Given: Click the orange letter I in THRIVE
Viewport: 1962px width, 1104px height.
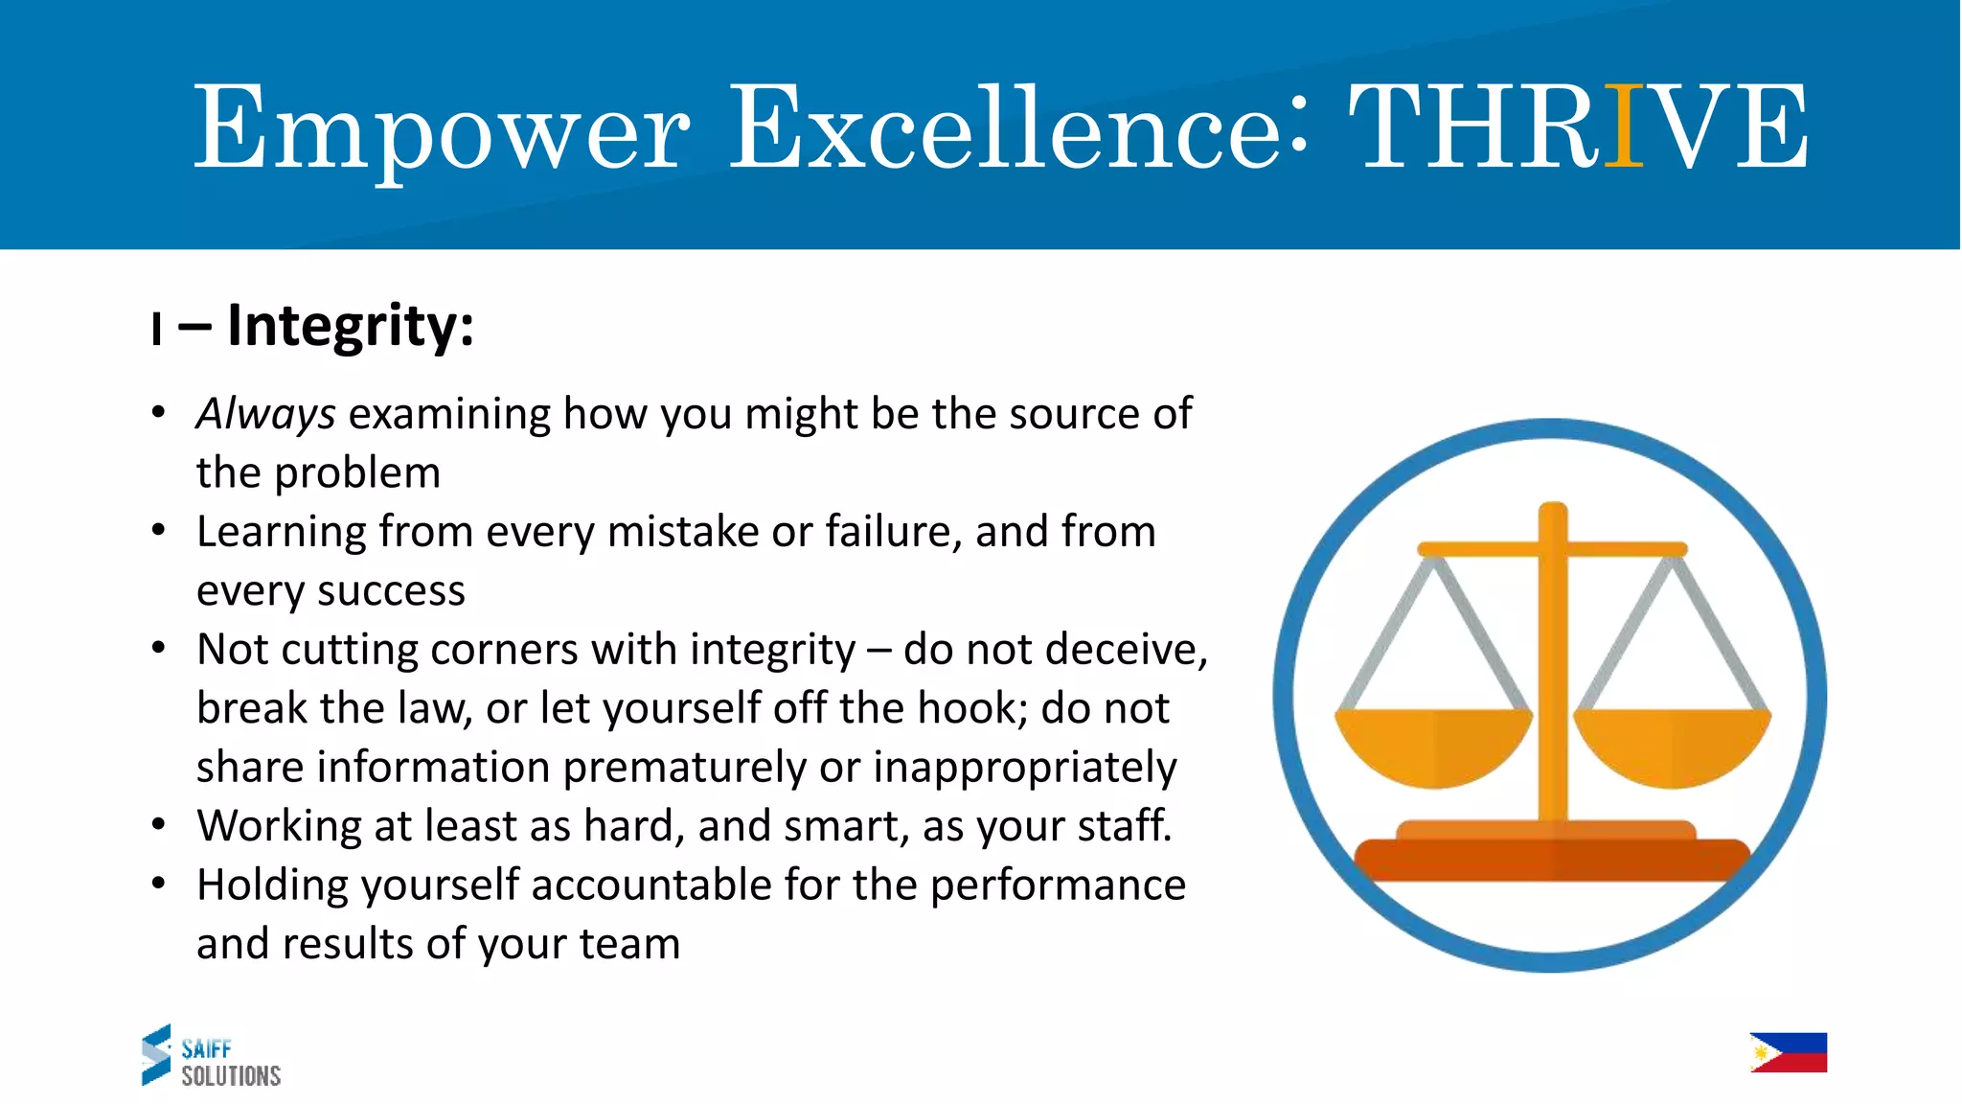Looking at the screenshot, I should [1623, 126].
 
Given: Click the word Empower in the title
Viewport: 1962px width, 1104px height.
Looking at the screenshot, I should [441, 129].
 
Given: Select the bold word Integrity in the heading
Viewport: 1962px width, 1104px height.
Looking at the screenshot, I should [350, 327].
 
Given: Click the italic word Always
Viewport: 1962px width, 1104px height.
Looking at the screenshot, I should [265, 415].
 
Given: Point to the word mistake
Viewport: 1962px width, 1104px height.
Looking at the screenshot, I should [683, 532].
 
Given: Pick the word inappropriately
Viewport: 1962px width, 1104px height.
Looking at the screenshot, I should [1024, 768].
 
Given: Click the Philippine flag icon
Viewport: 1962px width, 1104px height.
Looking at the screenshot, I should [1788, 1052].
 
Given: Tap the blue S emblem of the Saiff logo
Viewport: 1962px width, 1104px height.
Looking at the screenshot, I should [156, 1054].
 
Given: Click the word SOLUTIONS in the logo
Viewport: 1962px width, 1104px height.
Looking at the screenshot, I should [231, 1076].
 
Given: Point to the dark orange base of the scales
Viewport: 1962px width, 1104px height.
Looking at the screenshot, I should [1552, 859].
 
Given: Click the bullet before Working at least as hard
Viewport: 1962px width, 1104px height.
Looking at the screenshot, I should [159, 825].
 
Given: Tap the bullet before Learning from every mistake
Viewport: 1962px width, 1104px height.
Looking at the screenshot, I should [159, 531].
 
